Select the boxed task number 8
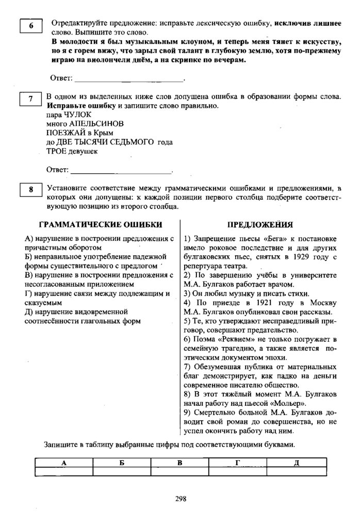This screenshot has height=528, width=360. click(31, 190)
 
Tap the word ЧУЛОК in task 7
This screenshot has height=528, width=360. click(77, 114)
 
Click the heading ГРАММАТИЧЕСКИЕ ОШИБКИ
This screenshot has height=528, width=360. click(101, 225)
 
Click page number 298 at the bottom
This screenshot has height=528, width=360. click(181, 499)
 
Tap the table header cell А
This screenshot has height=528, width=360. click(64, 463)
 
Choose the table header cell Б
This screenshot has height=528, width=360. click(122, 463)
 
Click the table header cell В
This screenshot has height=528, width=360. click(179, 463)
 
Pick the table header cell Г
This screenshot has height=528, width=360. click(237, 463)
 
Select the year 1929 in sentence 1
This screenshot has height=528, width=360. click(298, 257)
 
